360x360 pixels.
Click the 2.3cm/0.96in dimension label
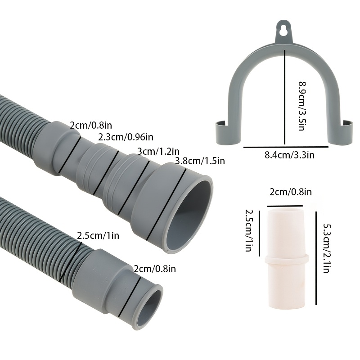126,137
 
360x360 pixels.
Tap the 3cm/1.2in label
158,152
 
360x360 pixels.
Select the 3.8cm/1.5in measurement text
200,161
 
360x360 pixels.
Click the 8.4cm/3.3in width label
289,155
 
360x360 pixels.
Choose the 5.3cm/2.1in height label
327,248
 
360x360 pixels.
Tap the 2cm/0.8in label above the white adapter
291,192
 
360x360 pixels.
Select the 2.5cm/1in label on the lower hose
98,235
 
